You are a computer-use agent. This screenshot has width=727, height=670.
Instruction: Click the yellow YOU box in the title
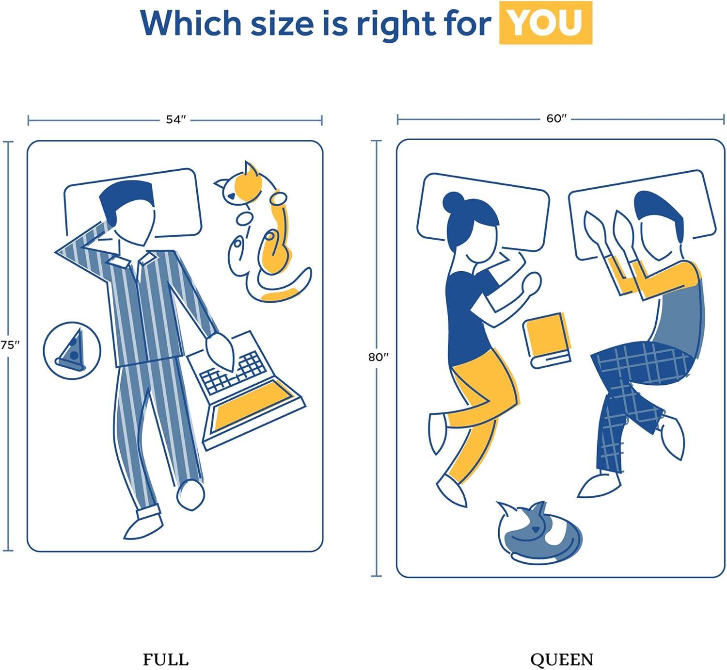[545, 22]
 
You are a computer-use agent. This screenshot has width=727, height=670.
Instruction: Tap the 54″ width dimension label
[176, 120]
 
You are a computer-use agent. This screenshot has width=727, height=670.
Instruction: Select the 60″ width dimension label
[556, 119]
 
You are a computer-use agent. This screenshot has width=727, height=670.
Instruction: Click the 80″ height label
[378, 357]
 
